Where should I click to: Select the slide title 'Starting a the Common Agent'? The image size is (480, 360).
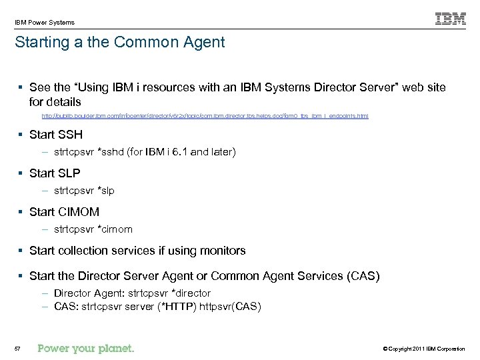pos(120,43)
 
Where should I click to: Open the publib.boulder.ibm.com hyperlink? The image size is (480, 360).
pos(205,116)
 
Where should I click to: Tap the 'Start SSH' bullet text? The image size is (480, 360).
pos(56,135)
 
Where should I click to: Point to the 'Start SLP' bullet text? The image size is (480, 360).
pos(55,173)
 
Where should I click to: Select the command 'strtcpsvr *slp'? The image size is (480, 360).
pos(85,191)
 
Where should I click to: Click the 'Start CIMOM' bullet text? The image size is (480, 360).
pos(64,212)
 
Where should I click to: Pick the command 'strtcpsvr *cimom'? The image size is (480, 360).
pos(93,229)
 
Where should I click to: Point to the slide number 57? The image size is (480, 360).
pos(17,348)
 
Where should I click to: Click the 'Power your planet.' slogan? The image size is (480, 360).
pos(86,347)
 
